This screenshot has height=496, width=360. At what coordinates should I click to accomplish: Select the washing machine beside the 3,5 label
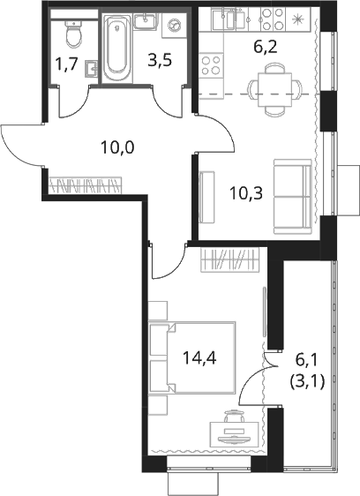(x=173, y=25)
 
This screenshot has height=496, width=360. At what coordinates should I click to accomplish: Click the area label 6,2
(x=265, y=48)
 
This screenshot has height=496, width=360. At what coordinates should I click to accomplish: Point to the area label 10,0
(x=117, y=147)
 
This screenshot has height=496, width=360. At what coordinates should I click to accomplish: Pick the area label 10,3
(x=246, y=193)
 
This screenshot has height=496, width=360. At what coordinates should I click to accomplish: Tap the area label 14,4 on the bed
(x=199, y=358)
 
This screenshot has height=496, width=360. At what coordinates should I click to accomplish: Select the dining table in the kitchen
(x=274, y=89)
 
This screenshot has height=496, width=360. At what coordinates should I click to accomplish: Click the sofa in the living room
(x=292, y=197)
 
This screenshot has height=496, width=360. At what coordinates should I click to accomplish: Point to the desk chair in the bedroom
(x=235, y=416)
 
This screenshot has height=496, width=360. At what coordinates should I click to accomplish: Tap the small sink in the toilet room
(x=91, y=68)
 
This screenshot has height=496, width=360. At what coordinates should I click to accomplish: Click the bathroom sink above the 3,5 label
(x=146, y=21)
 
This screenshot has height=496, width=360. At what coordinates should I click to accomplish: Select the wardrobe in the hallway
(x=86, y=185)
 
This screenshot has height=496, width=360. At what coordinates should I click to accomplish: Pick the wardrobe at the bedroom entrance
(x=230, y=259)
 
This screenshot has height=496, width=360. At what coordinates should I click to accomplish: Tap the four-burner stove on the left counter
(x=211, y=64)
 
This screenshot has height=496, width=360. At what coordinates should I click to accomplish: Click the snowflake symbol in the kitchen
(x=297, y=19)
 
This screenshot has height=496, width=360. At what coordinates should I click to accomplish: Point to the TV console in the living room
(x=207, y=197)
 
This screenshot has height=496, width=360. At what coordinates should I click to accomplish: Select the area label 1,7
(x=66, y=64)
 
